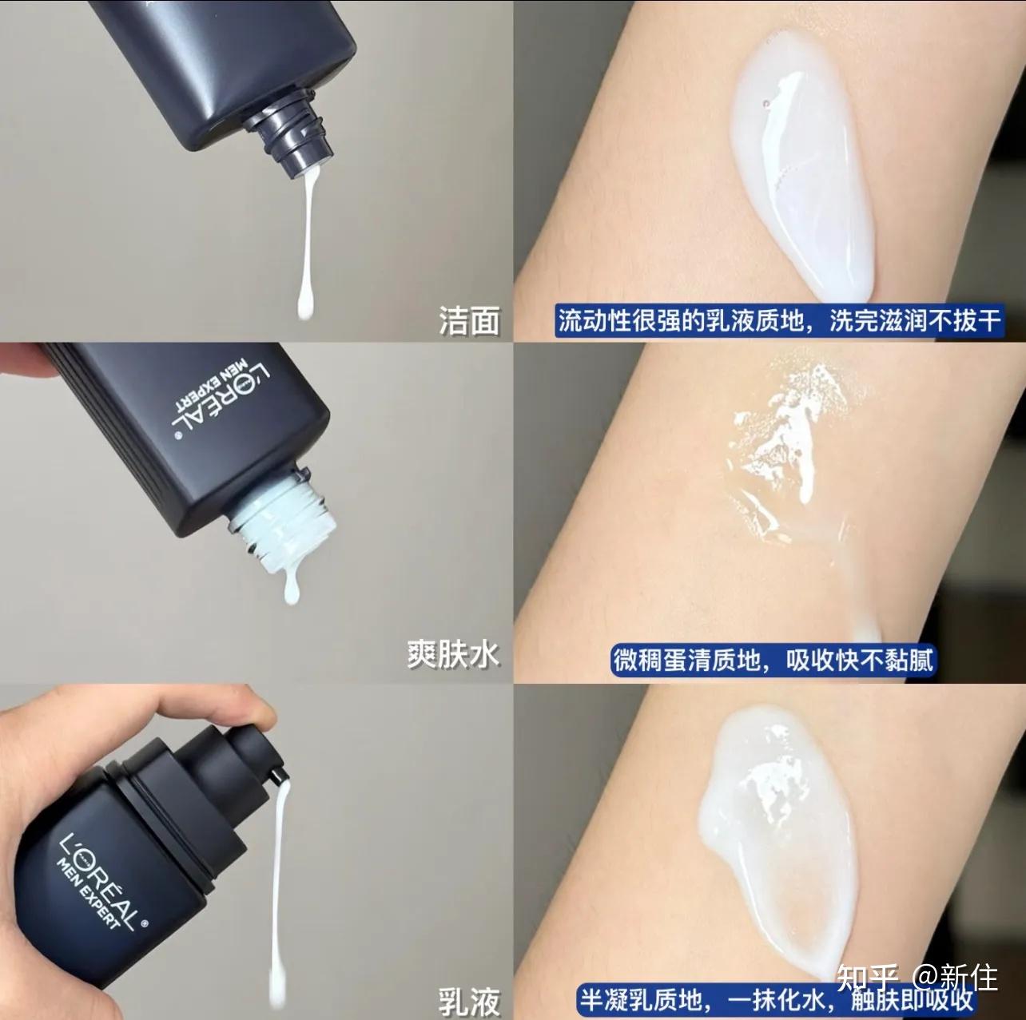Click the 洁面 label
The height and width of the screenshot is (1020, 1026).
click(469, 321)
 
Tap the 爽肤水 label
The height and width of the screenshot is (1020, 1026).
click(453, 653)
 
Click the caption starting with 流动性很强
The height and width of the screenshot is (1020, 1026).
click(779, 321)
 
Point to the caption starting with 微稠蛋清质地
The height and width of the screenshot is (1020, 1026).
click(773, 660)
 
